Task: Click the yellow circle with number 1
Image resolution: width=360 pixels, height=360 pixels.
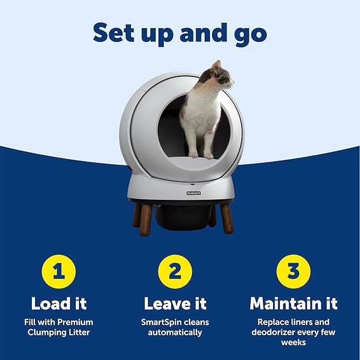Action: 59,271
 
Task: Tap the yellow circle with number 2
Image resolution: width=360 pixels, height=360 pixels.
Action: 174,271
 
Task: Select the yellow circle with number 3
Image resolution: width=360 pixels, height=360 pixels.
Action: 293,271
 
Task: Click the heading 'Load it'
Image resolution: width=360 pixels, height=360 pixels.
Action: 59,303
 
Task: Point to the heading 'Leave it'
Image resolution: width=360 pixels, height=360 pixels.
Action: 175,303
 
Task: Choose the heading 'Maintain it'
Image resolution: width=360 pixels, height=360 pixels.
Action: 293,303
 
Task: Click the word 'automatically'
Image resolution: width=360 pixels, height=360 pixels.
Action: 175,332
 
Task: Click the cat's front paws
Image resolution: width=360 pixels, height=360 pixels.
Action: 201,154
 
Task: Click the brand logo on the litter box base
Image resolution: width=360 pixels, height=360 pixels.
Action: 193,194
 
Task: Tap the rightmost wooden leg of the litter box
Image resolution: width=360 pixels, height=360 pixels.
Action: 226,217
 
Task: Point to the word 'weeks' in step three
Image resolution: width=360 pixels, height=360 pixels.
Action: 293,343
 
